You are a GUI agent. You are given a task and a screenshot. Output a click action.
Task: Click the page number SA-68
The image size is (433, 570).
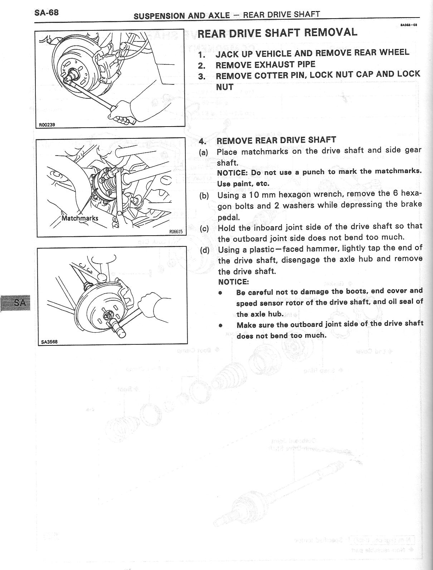[47, 13]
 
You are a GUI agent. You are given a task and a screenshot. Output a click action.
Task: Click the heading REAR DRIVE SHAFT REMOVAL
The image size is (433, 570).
[277, 33]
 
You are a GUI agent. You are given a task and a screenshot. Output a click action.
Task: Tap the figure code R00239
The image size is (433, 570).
[47, 125]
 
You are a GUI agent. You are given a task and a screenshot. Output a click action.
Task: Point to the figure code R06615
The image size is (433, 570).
[176, 232]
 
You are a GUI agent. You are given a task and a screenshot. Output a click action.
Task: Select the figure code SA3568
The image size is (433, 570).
[49, 341]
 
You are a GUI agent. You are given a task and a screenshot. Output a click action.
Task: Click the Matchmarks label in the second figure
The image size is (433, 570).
[80, 218]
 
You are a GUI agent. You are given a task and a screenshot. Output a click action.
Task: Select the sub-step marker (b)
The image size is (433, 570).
[204, 196]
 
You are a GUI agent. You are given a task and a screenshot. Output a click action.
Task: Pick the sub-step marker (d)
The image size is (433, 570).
[205, 250]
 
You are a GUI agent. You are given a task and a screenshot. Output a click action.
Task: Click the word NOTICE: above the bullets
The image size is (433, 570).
[233, 281]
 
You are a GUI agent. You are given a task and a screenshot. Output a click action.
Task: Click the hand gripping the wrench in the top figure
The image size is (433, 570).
[122, 111]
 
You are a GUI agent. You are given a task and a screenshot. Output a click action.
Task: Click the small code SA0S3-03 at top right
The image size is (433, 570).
[409, 25]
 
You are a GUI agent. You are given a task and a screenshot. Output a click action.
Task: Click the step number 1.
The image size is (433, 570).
[202, 55]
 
